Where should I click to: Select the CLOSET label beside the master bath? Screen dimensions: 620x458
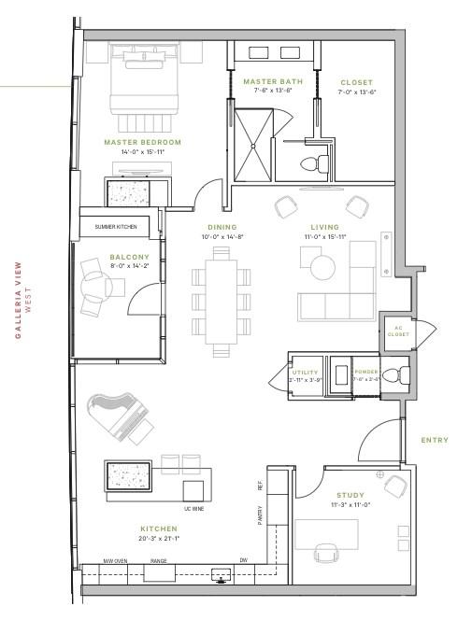356,83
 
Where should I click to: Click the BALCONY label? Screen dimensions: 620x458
102,256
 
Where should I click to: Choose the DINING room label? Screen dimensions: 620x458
222,227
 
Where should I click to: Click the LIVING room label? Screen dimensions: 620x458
324,227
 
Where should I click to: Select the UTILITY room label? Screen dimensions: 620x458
306,372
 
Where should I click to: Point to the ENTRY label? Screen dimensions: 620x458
434,440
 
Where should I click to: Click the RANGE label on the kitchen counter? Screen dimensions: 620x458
159,561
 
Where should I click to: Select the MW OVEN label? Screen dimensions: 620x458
115,561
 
